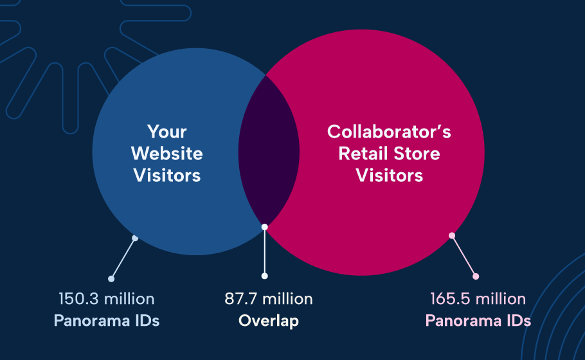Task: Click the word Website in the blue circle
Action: (x=166, y=154)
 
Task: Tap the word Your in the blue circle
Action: (x=166, y=132)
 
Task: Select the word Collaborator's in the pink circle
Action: (x=389, y=132)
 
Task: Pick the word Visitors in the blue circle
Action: (x=166, y=175)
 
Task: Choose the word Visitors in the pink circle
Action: (x=389, y=175)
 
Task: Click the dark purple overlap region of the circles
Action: (x=269, y=151)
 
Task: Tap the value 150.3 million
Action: (x=107, y=299)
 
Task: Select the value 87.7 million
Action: (x=269, y=299)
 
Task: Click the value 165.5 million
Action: (x=478, y=299)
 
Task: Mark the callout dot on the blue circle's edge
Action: (x=135, y=238)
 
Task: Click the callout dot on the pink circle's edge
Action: (x=452, y=235)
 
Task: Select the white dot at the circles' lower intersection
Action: (x=264, y=226)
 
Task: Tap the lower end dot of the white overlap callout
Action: (x=264, y=276)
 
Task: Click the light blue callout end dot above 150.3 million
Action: (x=111, y=279)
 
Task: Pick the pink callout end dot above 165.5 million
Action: (x=476, y=276)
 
